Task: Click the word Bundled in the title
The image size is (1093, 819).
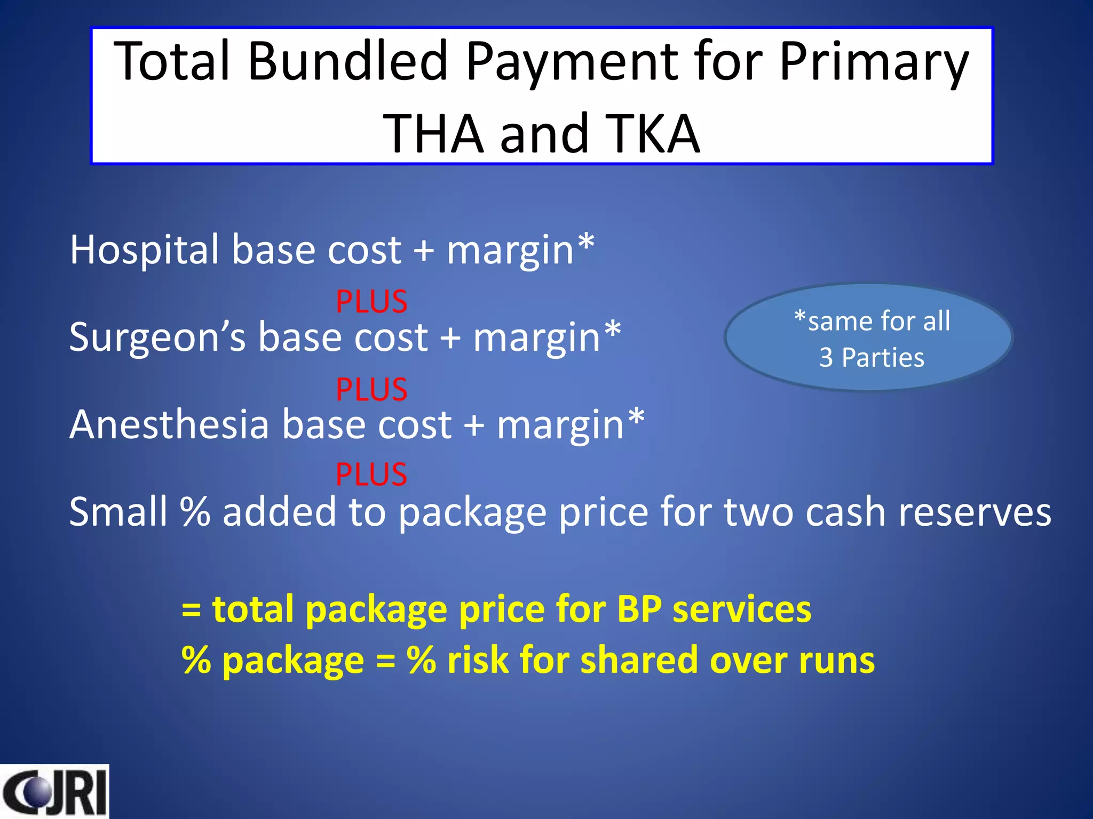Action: [x=347, y=62]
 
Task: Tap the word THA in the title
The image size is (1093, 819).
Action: [x=433, y=134]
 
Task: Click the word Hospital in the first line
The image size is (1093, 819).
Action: [x=144, y=250]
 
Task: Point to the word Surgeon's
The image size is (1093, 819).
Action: [x=157, y=338]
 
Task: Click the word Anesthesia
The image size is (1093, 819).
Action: [x=169, y=425]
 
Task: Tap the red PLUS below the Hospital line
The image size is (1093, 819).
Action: [x=371, y=302]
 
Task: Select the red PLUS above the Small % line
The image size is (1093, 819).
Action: [x=371, y=474]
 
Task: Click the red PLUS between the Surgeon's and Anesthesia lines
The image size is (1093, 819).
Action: [x=371, y=389]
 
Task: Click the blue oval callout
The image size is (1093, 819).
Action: [x=868, y=338]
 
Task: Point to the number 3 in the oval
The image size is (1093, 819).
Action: [x=826, y=358]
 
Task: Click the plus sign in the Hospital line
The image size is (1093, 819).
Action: [x=424, y=251]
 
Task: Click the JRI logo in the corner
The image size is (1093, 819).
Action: [x=54, y=792]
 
